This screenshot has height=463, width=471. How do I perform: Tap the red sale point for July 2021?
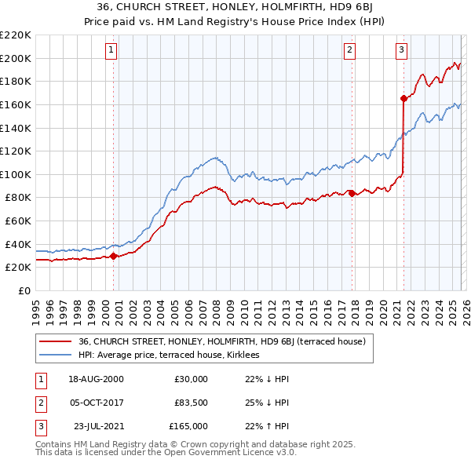tap(403, 98)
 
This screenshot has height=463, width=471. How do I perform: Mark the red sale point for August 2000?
tap(114, 255)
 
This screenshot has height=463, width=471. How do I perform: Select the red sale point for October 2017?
tap(352, 193)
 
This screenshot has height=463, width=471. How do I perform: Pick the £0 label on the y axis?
tap(24, 290)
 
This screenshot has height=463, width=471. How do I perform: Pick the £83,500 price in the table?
tap(191, 403)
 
